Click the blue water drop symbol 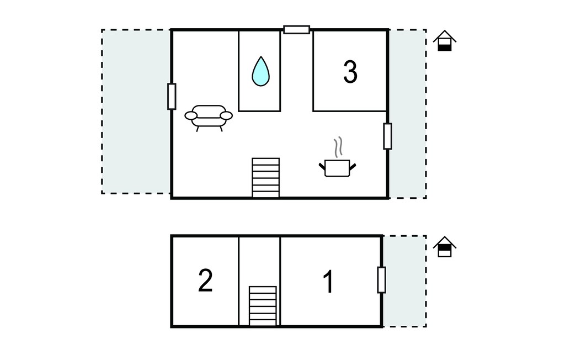tap(260, 72)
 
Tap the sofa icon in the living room tap(209, 118)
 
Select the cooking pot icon tap(337, 168)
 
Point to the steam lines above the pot tap(338, 147)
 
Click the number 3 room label tap(350, 72)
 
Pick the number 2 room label tap(205, 280)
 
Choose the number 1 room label tap(328, 282)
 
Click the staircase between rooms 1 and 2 tap(263, 306)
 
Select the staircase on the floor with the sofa tap(265, 177)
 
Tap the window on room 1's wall tap(382, 280)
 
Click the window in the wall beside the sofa tap(172, 96)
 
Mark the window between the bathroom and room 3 tap(296, 30)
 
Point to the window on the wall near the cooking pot tap(387, 136)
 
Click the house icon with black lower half tap(445, 41)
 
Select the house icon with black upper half tap(445, 247)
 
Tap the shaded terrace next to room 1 tap(404, 282)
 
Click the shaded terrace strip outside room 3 tap(408, 114)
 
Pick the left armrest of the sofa tap(191, 115)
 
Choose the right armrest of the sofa tap(226, 115)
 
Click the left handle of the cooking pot tap(322, 166)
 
